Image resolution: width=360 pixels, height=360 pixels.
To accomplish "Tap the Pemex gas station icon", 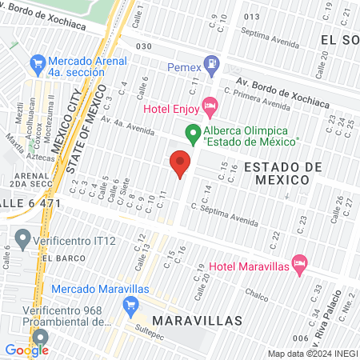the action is click(211, 62).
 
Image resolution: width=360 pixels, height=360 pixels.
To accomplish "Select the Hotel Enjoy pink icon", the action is click(210, 104).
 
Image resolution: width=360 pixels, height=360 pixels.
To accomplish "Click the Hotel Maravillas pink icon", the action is click(299, 262).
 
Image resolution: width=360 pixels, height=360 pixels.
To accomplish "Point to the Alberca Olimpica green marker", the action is click(193, 132).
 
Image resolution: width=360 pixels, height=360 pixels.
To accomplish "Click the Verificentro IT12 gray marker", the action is click(22, 238).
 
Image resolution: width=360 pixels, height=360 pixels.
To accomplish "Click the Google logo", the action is click(26, 350).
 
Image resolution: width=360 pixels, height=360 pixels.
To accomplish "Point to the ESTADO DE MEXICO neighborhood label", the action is click(282, 173).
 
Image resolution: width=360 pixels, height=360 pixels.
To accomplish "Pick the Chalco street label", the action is click(256, 293).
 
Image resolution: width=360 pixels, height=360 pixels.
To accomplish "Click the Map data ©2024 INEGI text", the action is click(311, 354).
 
